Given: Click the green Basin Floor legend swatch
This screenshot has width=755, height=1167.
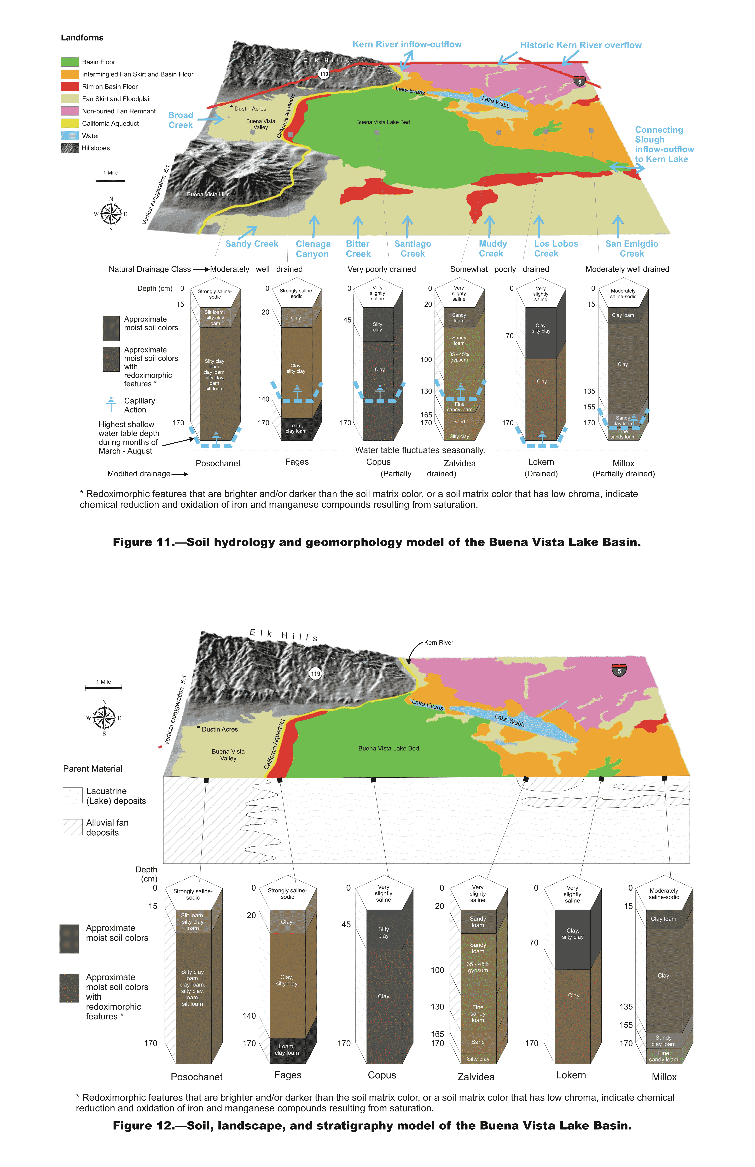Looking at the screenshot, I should [70, 62].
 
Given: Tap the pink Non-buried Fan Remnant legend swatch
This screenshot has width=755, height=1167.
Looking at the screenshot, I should [70, 111].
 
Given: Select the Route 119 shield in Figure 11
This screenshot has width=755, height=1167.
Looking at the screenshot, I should [324, 74].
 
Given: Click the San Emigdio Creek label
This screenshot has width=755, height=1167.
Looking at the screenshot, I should [631, 249].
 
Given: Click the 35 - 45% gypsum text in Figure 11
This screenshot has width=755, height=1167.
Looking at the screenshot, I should [459, 357].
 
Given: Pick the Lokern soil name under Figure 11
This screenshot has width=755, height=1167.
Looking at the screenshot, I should [541, 462].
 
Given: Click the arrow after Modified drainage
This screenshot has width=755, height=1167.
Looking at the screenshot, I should [179, 474].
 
